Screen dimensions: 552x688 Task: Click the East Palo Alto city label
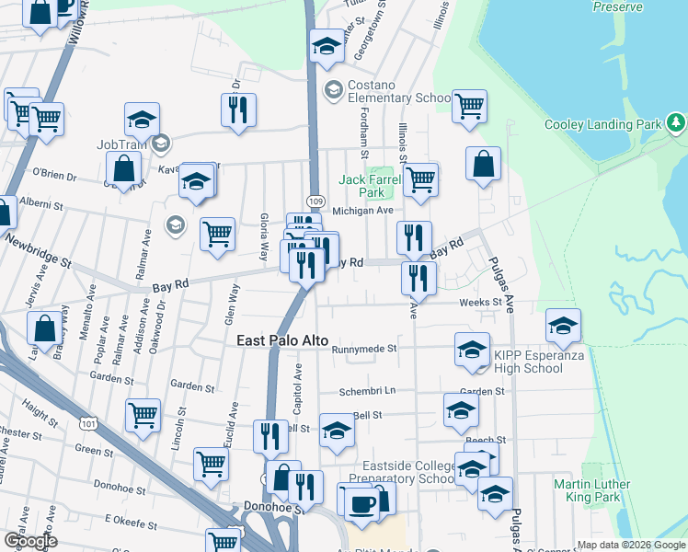[282, 340]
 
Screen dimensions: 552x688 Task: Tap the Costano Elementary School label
[398, 98]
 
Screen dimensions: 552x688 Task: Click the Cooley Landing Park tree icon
[677, 122]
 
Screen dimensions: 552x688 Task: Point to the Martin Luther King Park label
[592, 490]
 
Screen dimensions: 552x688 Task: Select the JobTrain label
[122, 144]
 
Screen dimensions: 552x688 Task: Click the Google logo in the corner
[30, 541]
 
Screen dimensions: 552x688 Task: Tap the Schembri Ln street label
[366, 390]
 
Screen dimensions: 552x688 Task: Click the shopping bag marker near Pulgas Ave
[484, 165]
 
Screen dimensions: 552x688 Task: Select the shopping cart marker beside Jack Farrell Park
[420, 178]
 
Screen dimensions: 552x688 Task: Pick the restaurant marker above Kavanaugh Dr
[238, 109]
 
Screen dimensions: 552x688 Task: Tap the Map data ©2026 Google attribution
[631, 545]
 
